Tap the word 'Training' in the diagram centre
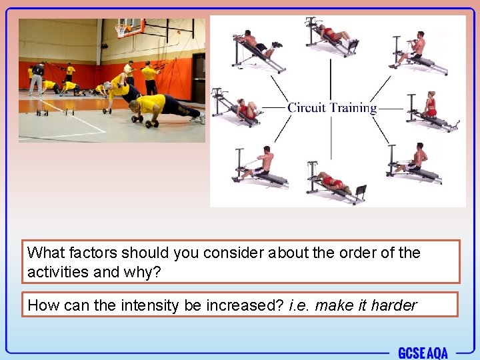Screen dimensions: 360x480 coord(351,107)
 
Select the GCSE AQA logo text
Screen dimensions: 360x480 coord(423,353)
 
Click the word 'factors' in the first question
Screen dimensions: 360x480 coord(93,253)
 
